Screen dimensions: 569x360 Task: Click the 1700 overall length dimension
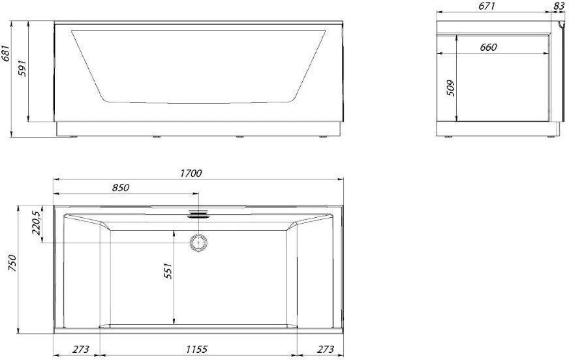191,173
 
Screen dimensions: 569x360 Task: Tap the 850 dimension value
121,188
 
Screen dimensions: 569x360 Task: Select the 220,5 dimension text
37,223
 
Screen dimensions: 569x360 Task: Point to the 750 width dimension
12,263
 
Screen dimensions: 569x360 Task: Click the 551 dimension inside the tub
168,271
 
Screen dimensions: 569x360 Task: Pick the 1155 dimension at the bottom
196,349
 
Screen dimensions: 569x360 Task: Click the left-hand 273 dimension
80,349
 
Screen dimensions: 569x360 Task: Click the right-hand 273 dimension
326,349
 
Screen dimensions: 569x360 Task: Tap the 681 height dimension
6,55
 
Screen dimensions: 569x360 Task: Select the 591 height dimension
22,68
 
